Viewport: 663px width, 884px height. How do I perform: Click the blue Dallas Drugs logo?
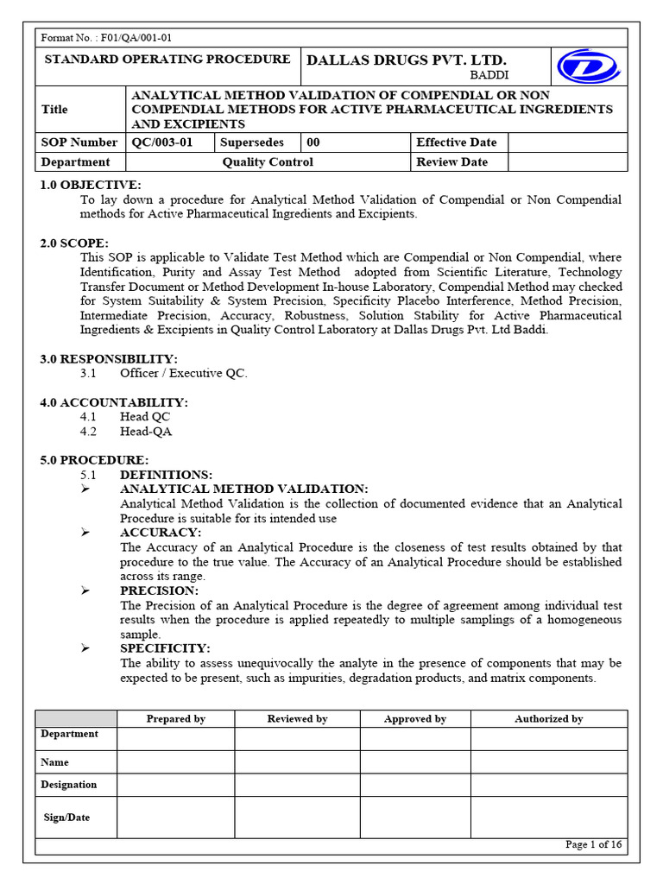587,66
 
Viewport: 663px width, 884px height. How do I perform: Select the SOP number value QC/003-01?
162,142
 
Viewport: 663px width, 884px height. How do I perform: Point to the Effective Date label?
456,142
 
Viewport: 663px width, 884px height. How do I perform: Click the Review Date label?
451,162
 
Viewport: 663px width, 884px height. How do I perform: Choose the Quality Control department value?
268,162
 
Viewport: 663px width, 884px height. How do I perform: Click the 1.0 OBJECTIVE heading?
90,186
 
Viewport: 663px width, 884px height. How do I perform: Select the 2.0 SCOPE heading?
74,243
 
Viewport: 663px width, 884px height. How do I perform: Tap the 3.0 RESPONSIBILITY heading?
109,359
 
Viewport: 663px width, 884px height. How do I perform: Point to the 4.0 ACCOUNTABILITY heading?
114,402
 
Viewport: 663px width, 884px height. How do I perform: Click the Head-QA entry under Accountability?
146,432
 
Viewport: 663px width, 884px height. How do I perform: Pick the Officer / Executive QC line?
184,374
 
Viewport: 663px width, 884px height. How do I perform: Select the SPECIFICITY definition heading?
165,648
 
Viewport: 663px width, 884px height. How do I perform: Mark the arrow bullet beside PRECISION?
85,590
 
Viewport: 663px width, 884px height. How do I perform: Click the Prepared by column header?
175,719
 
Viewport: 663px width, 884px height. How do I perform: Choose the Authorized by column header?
548,719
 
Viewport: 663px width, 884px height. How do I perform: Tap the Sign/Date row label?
67,818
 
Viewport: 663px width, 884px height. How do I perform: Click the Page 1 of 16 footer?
593,845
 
